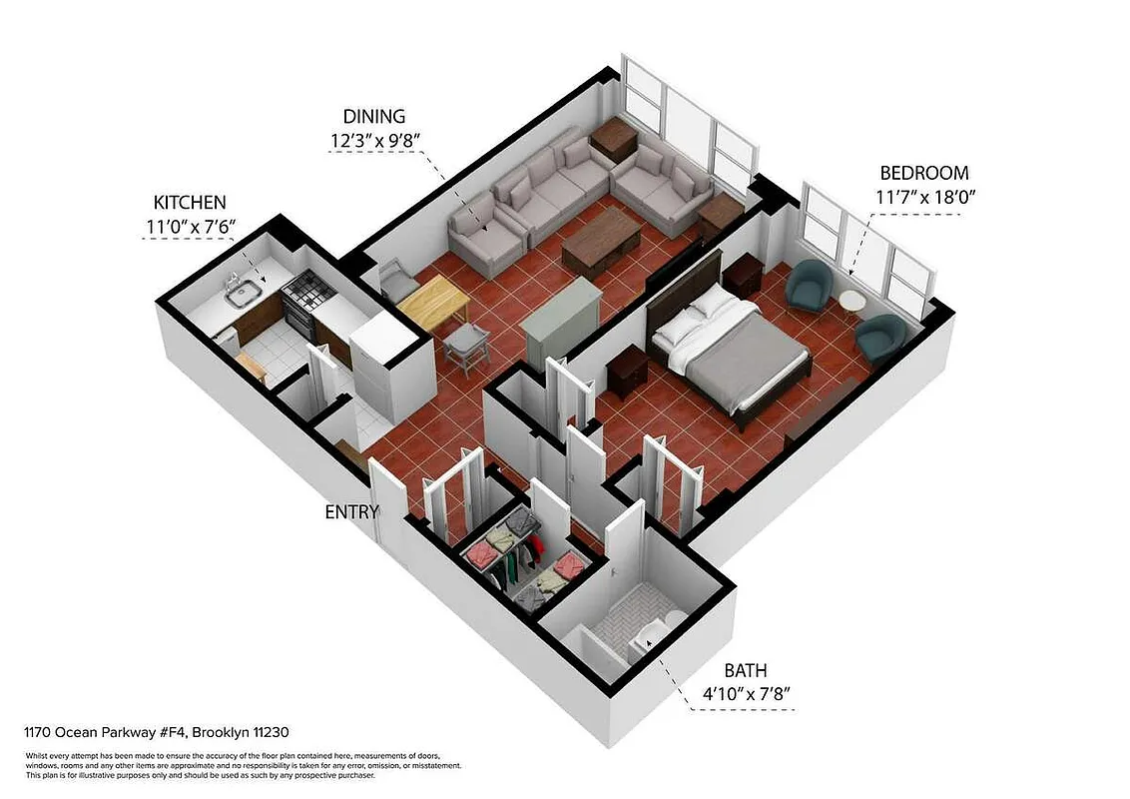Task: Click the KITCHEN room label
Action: (190, 202)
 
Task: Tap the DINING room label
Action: (374, 116)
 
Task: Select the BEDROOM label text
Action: (923, 173)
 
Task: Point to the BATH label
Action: (746, 670)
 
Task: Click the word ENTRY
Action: (352, 512)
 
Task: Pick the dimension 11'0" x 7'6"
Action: (190, 227)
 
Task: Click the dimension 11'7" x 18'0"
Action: (924, 197)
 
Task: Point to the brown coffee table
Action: (601, 241)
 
